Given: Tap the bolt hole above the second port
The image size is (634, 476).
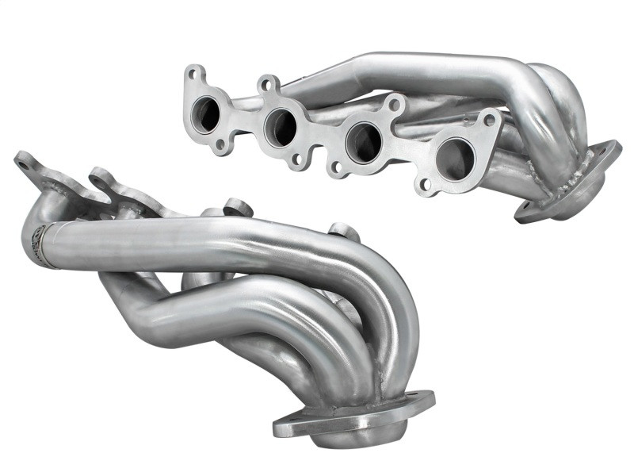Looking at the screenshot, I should point(268,83).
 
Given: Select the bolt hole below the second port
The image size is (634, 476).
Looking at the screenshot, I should point(296,159).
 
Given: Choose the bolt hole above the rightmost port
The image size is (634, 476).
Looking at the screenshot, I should point(491,120).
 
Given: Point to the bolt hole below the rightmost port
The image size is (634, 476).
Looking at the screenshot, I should point(426,185).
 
